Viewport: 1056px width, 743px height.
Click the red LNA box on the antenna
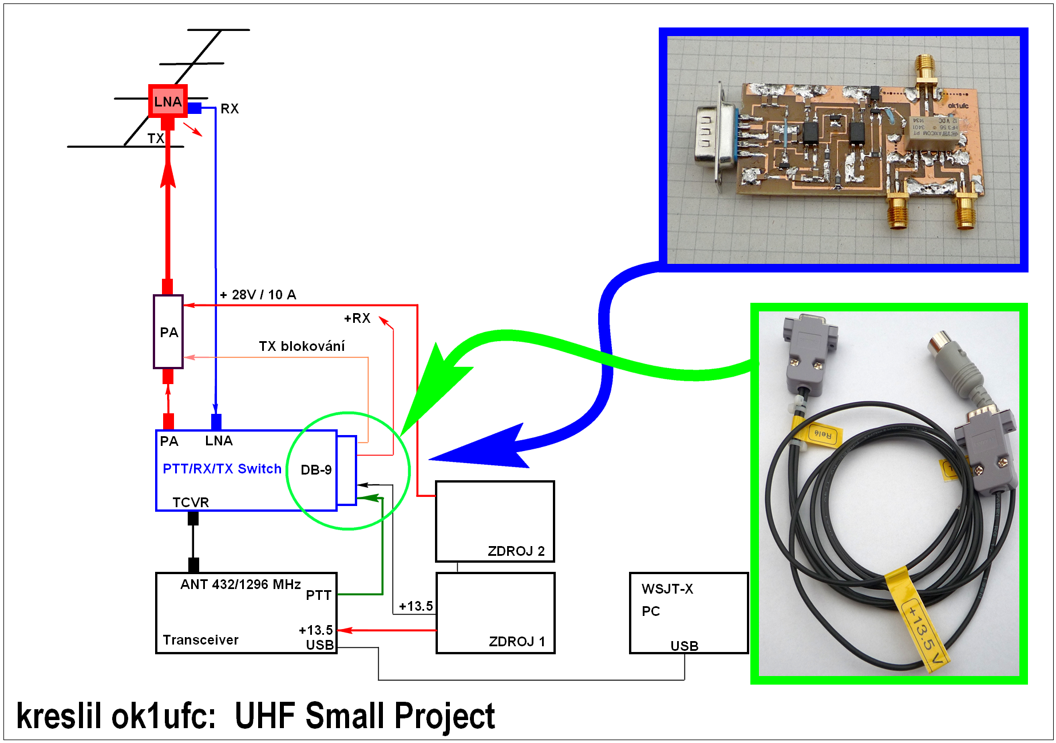click(168, 101)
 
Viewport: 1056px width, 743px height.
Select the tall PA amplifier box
click(168, 332)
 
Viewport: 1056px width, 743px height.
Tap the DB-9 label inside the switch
click(316, 470)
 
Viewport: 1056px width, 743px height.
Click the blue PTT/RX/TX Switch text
click(222, 469)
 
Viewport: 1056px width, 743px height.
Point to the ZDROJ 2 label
click(516, 551)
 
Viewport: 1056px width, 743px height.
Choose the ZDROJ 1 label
click(516, 642)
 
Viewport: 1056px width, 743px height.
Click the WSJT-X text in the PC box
click(667, 589)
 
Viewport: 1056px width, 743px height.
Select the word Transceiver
click(200, 640)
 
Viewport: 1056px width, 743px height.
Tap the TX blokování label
click(302, 346)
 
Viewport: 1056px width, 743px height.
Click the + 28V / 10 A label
click(258, 295)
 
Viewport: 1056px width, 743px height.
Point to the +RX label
click(357, 318)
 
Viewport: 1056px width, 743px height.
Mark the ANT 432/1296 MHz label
click(240, 584)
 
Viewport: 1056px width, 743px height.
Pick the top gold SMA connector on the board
click(924, 72)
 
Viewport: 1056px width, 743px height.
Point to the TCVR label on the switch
click(191, 503)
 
